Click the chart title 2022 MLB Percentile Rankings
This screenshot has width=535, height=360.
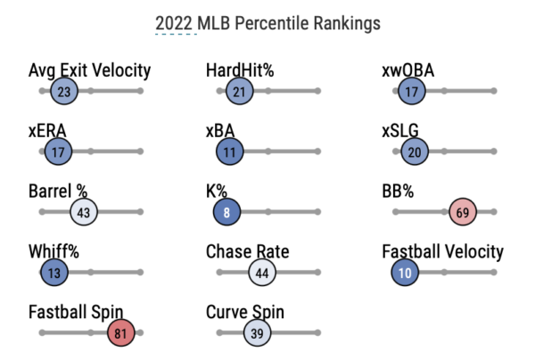pyautogui.click(x=267, y=22)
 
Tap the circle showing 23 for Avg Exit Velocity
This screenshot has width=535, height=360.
pyautogui.click(x=64, y=91)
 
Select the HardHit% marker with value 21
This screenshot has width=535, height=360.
pyautogui.click(x=239, y=91)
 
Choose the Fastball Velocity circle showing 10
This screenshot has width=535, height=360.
pyautogui.click(x=406, y=273)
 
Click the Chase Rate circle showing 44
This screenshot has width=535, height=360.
pyautogui.click(x=261, y=273)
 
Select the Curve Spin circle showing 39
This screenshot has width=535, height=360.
pyautogui.click(x=257, y=333)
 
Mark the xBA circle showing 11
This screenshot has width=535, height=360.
pyautogui.click(x=230, y=151)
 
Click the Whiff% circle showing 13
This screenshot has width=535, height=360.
pyautogui.click(x=55, y=273)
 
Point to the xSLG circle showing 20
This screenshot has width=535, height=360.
pyautogui.click(x=414, y=151)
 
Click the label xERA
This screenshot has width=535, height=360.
pyautogui.click(x=47, y=131)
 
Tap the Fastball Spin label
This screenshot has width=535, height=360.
pyautogui.click(x=76, y=313)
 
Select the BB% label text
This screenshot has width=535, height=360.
pyautogui.click(x=400, y=192)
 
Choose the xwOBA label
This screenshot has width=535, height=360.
pyautogui.click(x=408, y=70)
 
